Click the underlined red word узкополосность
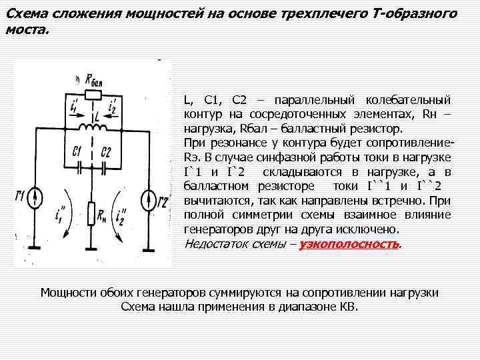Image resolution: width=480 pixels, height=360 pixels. coord(349,244)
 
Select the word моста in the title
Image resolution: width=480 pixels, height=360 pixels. coord(24,31)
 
